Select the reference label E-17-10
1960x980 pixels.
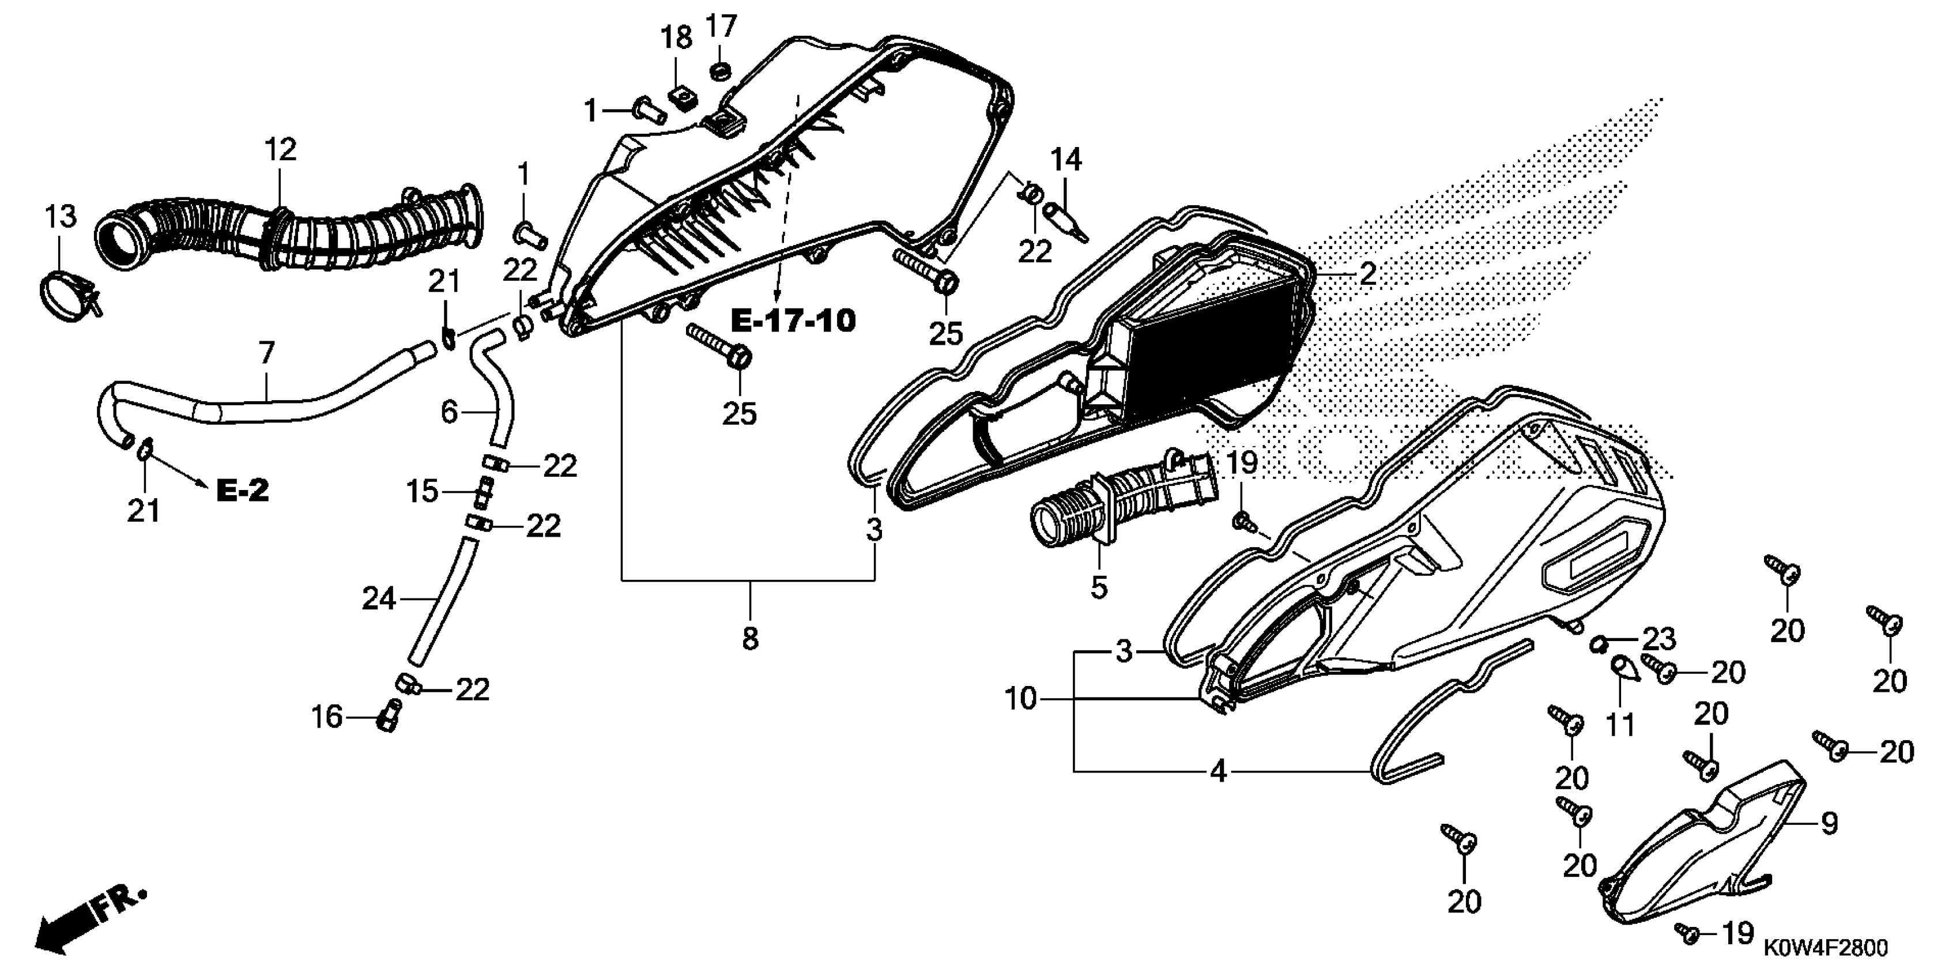tap(793, 321)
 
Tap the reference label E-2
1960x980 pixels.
tap(243, 491)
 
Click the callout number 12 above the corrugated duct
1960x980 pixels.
tap(280, 150)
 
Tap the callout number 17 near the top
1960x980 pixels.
tap(721, 27)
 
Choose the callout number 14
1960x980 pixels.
tap(1065, 160)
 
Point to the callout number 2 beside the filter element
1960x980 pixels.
tap(1367, 274)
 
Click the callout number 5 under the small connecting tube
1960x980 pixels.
tap(1099, 587)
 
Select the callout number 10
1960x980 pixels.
tap(1020, 699)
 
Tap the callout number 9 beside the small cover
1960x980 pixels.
tap(1829, 823)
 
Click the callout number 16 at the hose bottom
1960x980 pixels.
tap(327, 718)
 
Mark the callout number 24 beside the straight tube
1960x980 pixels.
tap(378, 599)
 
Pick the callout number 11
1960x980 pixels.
tap(1620, 725)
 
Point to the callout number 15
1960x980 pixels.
tap(423, 492)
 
